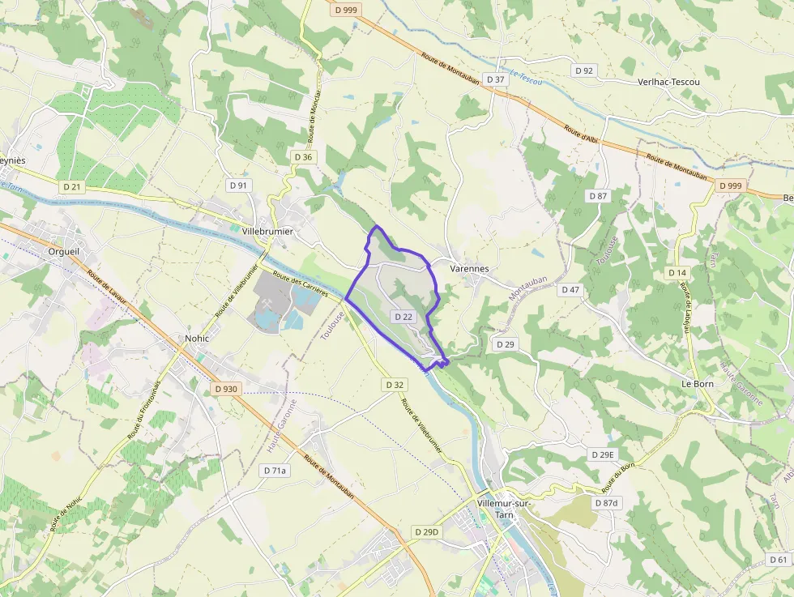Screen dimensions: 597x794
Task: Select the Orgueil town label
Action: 64,251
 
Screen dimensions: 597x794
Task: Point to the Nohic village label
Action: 197,338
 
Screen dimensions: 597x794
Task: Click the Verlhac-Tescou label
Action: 668,82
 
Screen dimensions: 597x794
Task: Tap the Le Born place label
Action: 697,383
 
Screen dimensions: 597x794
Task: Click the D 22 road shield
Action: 403,316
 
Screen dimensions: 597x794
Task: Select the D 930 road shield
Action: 227,389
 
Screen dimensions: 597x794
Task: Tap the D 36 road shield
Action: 304,156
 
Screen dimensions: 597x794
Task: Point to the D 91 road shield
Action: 239,185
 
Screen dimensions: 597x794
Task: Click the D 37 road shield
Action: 495,79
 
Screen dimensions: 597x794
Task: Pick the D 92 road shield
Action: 584,70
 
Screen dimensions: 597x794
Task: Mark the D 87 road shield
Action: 598,196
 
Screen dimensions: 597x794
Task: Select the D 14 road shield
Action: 677,273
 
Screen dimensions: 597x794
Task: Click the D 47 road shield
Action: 570,290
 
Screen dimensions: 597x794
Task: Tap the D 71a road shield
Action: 275,470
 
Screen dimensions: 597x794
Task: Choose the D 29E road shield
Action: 603,454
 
